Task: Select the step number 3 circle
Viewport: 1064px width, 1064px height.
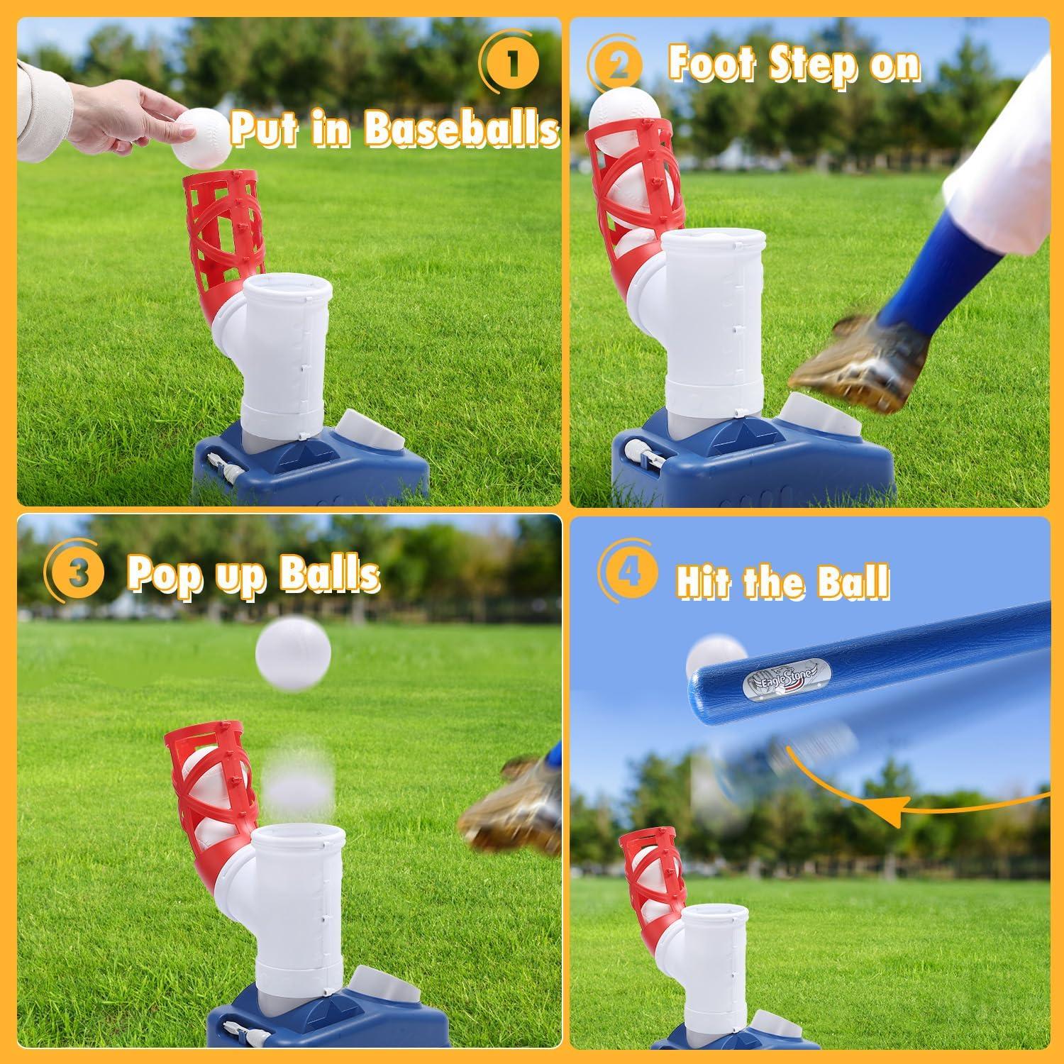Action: click(x=78, y=574)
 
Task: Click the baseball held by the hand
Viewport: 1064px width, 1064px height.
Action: click(x=202, y=137)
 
